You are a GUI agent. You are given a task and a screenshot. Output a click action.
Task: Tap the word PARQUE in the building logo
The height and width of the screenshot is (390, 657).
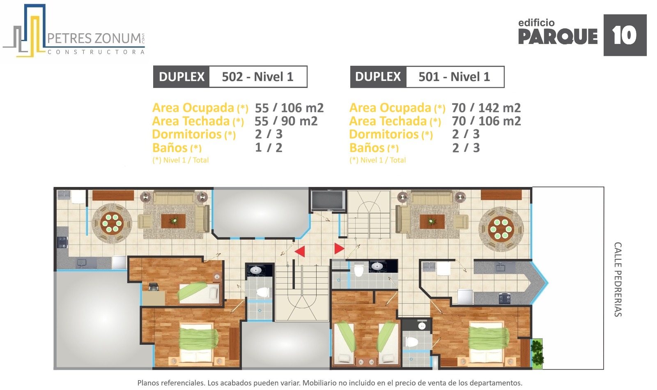558,37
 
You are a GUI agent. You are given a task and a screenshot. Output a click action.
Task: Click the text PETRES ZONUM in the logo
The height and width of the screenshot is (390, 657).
94,39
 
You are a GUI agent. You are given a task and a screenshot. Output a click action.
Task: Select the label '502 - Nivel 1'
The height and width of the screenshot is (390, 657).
257,77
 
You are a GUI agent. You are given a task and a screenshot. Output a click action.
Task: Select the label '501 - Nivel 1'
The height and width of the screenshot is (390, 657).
454,77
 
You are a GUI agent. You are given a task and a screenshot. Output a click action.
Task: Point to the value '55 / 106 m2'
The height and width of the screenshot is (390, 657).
289,108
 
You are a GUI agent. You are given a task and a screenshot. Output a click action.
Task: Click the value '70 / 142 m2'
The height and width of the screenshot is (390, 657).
486,108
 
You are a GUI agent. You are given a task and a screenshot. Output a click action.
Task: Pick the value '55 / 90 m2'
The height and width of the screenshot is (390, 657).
286,121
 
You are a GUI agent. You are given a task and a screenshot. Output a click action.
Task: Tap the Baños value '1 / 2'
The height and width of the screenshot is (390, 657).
269,148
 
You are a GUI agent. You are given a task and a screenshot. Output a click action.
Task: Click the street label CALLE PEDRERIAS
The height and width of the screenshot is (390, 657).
618,279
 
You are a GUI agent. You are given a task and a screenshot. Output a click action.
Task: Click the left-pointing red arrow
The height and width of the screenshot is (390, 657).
300,252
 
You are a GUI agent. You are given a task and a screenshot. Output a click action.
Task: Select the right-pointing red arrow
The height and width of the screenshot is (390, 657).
339,249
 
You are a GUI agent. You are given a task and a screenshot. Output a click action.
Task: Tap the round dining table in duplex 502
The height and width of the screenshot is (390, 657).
112,223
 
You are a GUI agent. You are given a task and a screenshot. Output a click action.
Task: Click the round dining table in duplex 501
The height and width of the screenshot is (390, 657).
501,228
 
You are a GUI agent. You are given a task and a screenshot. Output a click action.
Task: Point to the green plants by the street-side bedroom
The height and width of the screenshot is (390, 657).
538,353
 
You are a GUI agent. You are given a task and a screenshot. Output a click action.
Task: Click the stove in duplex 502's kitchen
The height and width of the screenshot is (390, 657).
62,242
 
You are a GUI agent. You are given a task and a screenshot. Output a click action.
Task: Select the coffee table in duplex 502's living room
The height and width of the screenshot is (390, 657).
173,221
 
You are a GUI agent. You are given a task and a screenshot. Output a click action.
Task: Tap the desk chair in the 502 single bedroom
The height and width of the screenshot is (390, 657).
154,286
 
